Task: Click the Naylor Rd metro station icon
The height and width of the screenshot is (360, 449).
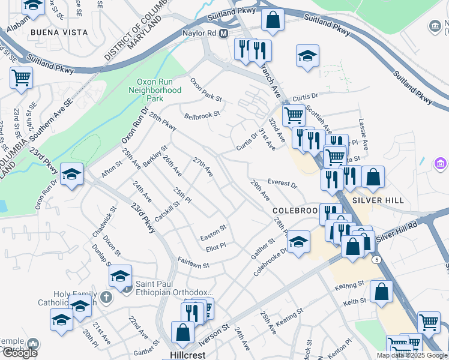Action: tap(223, 34)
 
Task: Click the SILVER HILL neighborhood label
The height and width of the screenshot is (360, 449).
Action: tap(378, 200)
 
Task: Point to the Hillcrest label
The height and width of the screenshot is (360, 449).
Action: tap(183, 355)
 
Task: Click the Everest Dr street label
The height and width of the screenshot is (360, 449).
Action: tap(283, 182)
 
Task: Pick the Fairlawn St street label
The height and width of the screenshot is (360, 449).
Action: tap(193, 263)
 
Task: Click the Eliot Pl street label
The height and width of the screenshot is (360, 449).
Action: tap(215, 245)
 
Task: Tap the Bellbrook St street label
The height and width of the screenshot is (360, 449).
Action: tap(202, 114)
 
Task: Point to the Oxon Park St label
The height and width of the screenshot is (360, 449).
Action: tap(206, 89)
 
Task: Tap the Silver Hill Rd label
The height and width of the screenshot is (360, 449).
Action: tap(397, 231)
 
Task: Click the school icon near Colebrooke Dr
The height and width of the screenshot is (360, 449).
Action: tap(298, 241)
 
